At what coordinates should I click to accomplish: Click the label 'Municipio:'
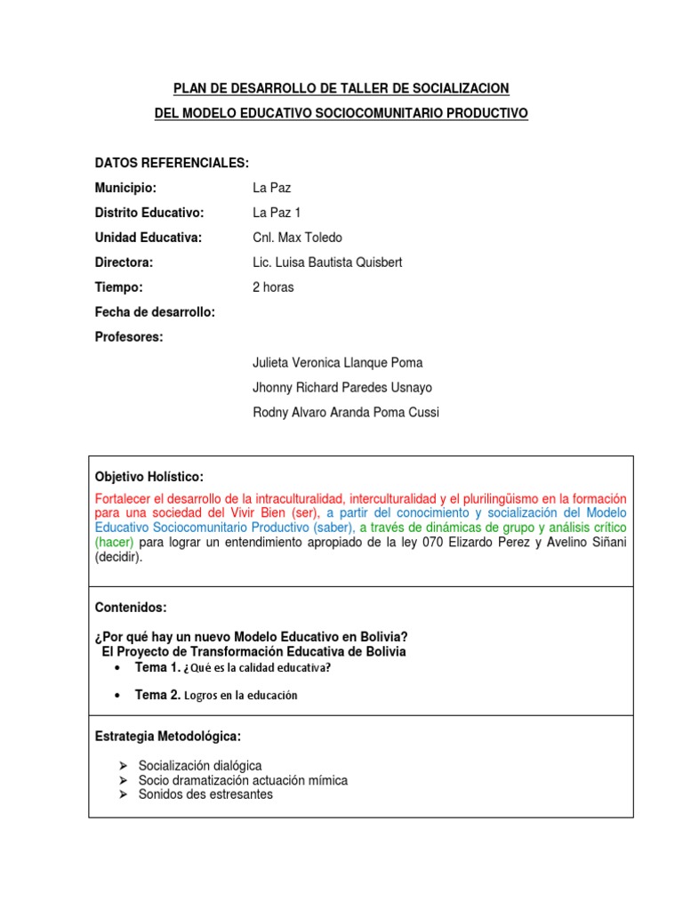tap(125, 188)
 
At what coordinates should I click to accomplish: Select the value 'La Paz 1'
tap(277, 213)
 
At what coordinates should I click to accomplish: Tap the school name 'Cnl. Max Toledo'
tap(297, 238)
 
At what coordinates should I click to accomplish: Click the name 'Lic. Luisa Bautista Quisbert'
tap(328, 262)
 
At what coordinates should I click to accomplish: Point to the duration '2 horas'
tap(273, 287)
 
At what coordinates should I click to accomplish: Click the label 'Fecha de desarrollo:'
tap(155, 312)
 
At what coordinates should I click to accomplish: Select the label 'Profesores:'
tap(129, 337)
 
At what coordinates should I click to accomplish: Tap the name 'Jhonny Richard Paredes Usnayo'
tap(342, 387)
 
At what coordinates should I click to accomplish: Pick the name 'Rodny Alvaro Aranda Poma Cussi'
tap(346, 412)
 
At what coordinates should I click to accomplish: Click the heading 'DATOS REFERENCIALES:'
tap(172, 163)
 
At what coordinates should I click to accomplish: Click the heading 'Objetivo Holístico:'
tap(149, 478)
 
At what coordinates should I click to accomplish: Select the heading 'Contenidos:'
tap(130, 607)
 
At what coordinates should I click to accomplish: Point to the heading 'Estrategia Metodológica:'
tap(167, 737)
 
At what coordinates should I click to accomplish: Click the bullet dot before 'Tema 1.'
tap(119, 667)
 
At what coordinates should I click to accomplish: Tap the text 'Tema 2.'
tap(157, 695)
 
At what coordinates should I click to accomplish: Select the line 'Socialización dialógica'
tap(200, 766)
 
